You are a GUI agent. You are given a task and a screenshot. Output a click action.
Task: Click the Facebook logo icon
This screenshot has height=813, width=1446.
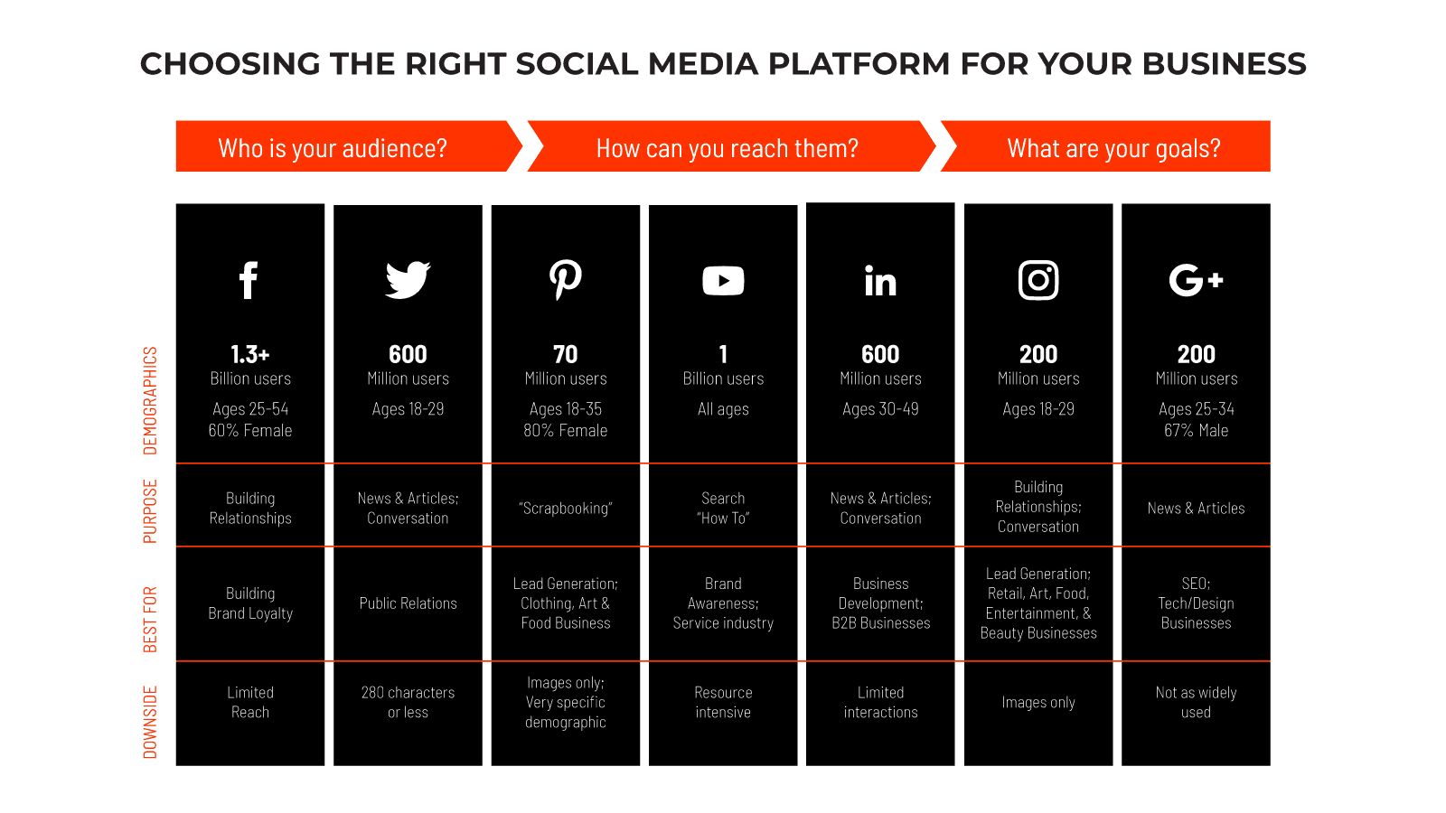pyautogui.click(x=249, y=280)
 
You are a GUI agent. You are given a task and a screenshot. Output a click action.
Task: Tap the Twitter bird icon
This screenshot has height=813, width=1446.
pyautogui.click(x=408, y=280)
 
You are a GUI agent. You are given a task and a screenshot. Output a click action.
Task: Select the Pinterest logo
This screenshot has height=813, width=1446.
pyautogui.click(x=566, y=280)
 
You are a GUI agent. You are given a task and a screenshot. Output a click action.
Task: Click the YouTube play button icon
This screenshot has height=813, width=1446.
pyautogui.click(x=723, y=281)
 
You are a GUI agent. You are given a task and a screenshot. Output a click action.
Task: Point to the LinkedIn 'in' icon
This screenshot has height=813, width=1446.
pyautogui.click(x=880, y=281)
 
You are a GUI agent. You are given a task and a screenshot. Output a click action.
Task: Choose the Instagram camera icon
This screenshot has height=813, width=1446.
pyautogui.click(x=1038, y=280)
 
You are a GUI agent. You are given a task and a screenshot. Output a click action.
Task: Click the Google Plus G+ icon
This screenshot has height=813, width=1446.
pyautogui.click(x=1197, y=280)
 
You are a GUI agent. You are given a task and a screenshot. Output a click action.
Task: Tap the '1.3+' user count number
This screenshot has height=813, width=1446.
pyautogui.click(x=249, y=354)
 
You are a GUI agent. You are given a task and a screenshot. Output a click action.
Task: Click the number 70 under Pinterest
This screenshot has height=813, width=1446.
pyautogui.click(x=566, y=354)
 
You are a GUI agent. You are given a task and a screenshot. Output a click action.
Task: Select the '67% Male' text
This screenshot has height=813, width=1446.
pyautogui.click(x=1197, y=430)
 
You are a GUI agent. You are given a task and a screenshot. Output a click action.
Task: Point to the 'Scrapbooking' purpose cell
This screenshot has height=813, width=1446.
pyautogui.click(x=566, y=509)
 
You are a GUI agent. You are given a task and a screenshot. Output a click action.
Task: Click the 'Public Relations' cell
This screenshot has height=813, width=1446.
pyautogui.click(x=408, y=603)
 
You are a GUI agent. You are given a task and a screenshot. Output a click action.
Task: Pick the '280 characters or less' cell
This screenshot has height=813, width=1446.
pyautogui.click(x=408, y=702)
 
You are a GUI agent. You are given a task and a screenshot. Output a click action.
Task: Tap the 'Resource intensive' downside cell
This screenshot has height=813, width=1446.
pyautogui.click(x=723, y=702)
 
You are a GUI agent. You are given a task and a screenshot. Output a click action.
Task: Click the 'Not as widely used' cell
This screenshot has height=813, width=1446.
pyautogui.click(x=1197, y=702)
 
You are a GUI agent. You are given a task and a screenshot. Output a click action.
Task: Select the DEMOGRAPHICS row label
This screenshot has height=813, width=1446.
pyautogui.click(x=150, y=401)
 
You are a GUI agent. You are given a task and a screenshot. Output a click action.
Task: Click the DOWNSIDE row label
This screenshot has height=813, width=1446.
pyautogui.click(x=150, y=722)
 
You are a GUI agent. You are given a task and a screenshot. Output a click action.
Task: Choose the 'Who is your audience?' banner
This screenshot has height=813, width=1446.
pyautogui.click(x=349, y=146)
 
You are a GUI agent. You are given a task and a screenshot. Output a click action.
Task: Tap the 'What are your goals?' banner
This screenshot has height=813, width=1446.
pyautogui.click(x=1105, y=146)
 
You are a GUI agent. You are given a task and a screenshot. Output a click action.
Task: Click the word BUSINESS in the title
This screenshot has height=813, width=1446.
pyautogui.click(x=1224, y=64)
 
